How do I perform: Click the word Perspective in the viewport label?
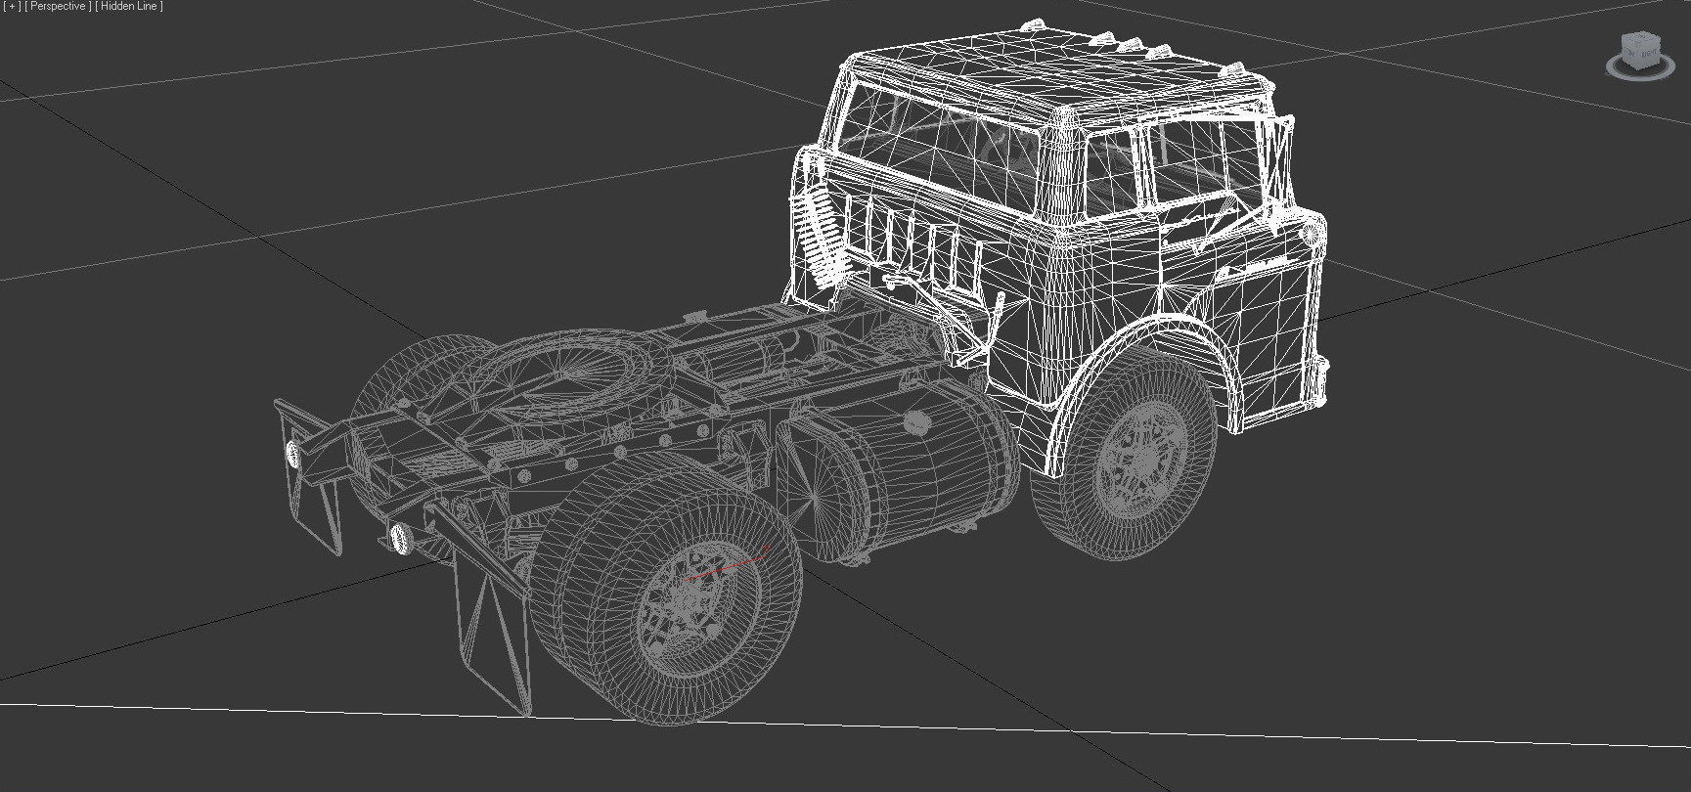tap(58, 7)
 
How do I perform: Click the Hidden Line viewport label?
tap(130, 7)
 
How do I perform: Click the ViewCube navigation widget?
tap(1640, 54)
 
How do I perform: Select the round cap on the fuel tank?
tap(917, 422)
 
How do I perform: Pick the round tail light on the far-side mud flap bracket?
tap(292, 452)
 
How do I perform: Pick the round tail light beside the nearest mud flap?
tap(399, 537)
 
